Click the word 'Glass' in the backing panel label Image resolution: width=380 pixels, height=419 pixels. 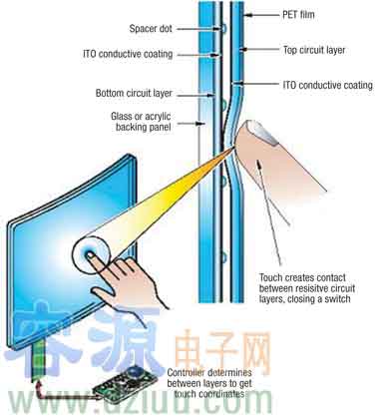tap(123, 116)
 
